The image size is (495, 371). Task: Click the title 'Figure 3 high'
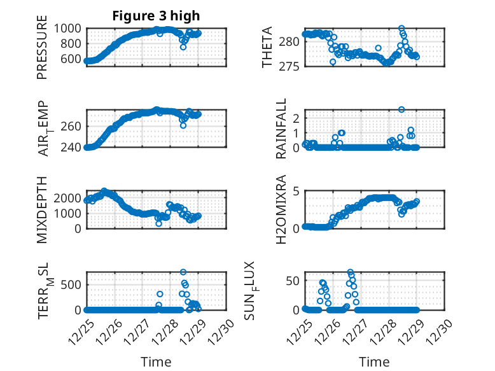[x=156, y=16]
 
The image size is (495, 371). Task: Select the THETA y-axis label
[x=267, y=47]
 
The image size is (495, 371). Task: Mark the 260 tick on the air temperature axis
[x=72, y=126]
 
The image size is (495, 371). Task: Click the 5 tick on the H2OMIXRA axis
[x=296, y=192]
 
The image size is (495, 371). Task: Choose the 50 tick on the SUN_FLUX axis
[x=293, y=280]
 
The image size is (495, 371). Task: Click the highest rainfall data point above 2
[x=401, y=109]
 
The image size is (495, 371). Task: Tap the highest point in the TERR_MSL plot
[x=183, y=272]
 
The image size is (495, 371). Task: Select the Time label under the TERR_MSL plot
[x=156, y=362]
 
